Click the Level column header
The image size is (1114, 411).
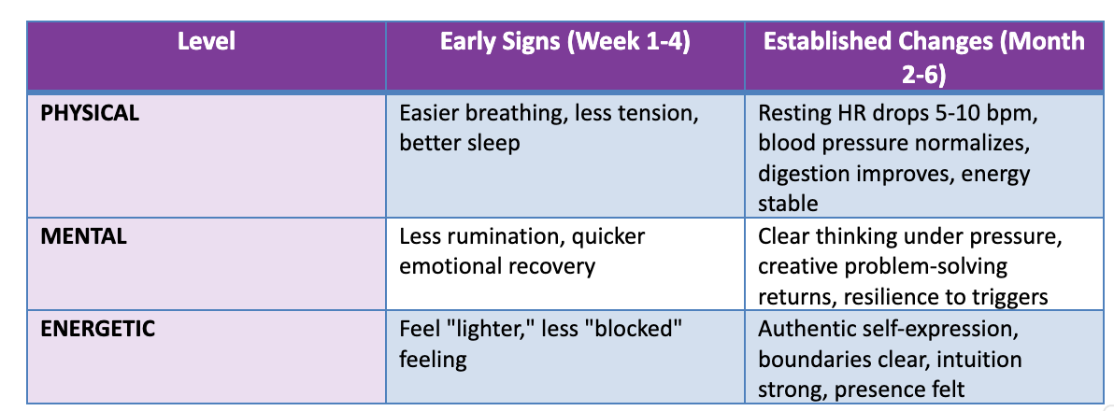pyautogui.click(x=206, y=42)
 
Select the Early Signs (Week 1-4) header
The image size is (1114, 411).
pyautogui.click(x=565, y=42)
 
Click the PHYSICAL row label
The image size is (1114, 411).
pyautogui.click(x=90, y=114)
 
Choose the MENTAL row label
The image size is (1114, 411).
pyautogui.click(x=84, y=235)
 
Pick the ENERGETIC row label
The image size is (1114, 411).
pyautogui.click(x=97, y=329)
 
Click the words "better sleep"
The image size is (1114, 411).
pyautogui.click(x=460, y=144)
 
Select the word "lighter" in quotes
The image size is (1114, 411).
pyautogui.click(x=501, y=330)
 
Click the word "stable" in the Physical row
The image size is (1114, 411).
pyautogui.click(x=788, y=205)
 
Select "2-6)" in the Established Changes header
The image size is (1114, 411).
pyautogui.click(x=923, y=74)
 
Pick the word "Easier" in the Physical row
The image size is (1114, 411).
pyautogui.click(x=432, y=113)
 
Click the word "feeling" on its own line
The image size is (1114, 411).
pyautogui.click(x=433, y=360)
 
